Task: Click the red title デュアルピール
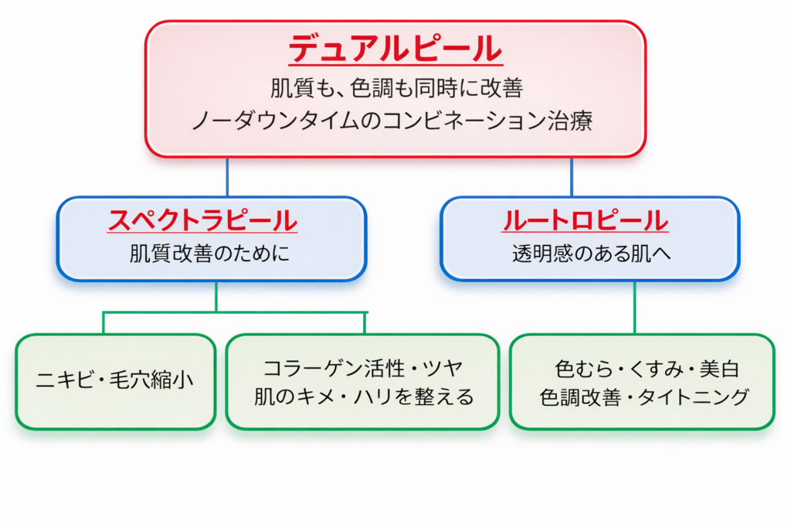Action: (x=395, y=51)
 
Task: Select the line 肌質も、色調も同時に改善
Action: (x=395, y=88)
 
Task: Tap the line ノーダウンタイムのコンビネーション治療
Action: (x=395, y=121)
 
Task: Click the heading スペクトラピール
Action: (x=203, y=221)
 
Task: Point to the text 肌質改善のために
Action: (x=210, y=254)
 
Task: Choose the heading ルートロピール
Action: (x=585, y=221)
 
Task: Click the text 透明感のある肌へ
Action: (x=591, y=254)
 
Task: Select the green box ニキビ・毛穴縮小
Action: (x=115, y=381)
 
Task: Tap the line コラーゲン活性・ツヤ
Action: (x=363, y=366)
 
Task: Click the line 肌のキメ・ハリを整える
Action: (x=363, y=397)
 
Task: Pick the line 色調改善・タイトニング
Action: (x=642, y=397)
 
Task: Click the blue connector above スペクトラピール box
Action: (x=227, y=177)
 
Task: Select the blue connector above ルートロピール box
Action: (x=572, y=177)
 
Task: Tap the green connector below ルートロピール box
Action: (x=635, y=307)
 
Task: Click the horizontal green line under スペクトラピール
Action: (x=232, y=312)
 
